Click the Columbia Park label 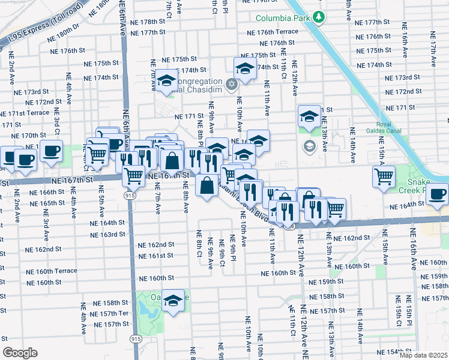coord(283,17)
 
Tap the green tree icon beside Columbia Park coord(321,17)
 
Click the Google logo coord(20,353)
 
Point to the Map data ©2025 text coord(423,355)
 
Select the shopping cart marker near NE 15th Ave coord(384,176)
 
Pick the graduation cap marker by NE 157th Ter coord(173,300)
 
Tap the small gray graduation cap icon coord(310,145)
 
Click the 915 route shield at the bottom coord(131,339)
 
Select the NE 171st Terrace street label coord(24,113)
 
